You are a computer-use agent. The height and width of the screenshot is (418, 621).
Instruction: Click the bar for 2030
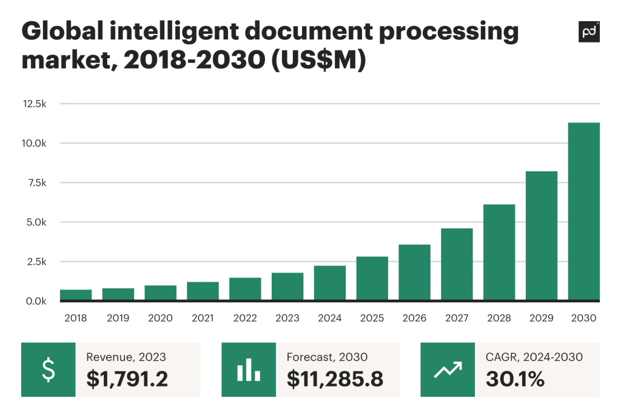(583, 211)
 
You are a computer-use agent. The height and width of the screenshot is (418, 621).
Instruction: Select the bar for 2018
(76, 295)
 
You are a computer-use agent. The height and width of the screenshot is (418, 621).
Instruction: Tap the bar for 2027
(457, 264)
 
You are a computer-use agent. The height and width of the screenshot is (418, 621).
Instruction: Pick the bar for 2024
(330, 283)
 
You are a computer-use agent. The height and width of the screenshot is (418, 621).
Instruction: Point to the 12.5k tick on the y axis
(34, 104)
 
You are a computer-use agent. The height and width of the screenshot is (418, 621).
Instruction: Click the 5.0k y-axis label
(34, 222)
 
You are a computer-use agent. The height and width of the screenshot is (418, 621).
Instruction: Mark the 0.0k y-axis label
(34, 301)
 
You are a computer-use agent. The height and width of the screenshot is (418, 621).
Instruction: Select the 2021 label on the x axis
(203, 318)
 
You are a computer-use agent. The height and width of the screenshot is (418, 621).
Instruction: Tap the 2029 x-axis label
(541, 318)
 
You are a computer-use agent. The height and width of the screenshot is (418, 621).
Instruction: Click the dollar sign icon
(49, 370)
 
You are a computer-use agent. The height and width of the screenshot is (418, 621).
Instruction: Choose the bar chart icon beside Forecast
(249, 370)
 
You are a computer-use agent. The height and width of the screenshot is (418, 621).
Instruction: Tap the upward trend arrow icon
(448, 370)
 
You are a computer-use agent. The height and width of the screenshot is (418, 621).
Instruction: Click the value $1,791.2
(127, 379)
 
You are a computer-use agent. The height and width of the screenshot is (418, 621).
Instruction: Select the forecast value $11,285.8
(334, 379)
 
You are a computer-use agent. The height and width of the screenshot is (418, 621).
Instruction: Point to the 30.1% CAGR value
(515, 379)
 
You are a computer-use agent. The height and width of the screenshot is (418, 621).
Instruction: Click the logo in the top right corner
(589, 32)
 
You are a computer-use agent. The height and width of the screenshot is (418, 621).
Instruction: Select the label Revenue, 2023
(126, 357)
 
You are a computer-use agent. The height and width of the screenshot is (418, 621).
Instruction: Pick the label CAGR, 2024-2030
(534, 357)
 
